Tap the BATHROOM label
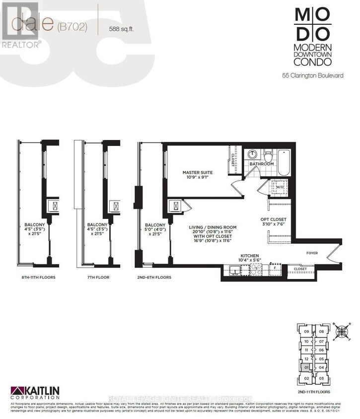point(261,164)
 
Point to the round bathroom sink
point(252,153)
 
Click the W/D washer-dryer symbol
point(279,188)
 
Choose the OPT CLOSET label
point(274,219)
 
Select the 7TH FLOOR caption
point(97,277)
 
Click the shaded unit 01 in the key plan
point(307,367)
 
